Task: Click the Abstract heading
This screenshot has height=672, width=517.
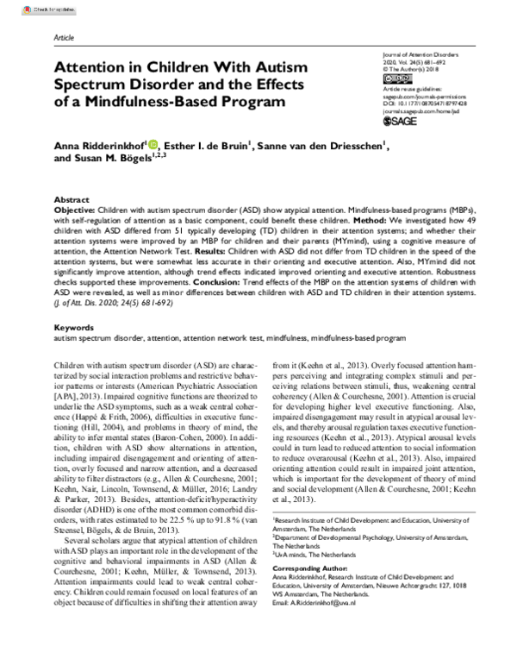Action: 71,198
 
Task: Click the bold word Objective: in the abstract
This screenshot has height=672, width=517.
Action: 75,210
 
